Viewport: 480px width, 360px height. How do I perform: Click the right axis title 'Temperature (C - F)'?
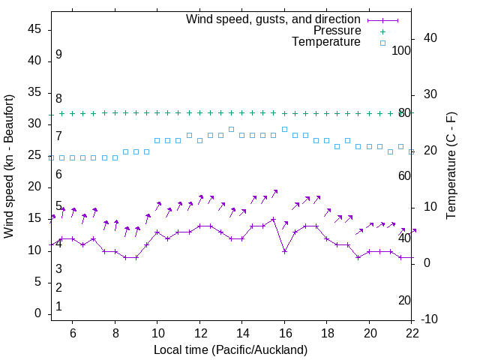coord(451,166)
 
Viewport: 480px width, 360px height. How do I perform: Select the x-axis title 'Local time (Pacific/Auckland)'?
coord(230,350)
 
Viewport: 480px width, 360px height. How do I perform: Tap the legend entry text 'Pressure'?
coord(338,31)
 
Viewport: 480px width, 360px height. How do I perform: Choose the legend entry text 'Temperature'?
coord(326,42)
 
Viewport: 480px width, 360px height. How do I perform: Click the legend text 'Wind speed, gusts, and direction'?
coord(274,19)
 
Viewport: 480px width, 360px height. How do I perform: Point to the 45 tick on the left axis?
coord(34,29)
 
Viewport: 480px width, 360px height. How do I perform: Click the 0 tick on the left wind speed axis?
coord(37,313)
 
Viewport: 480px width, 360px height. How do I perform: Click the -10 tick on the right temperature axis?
coord(431,319)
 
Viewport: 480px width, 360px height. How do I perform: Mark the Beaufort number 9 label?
coord(58,55)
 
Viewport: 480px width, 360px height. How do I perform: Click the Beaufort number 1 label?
coord(58,307)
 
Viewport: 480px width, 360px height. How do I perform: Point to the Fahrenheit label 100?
coord(401,51)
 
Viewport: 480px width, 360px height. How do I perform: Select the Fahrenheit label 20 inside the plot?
coord(404,300)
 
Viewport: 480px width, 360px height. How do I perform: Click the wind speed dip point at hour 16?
coord(284,251)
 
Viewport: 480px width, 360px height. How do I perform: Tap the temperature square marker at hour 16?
coord(284,129)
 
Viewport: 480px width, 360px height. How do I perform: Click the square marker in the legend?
coord(382,43)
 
